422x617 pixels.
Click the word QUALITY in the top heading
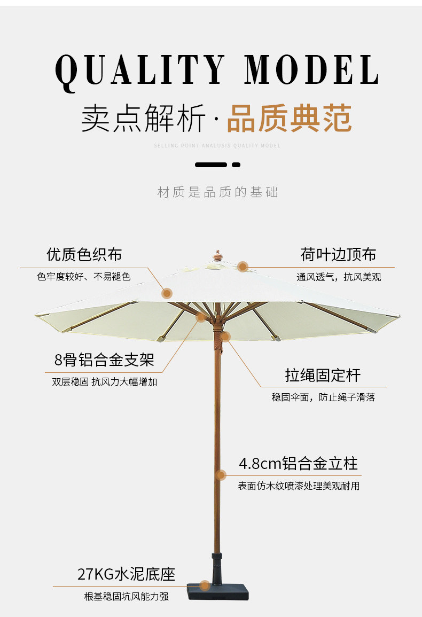coord(140,69)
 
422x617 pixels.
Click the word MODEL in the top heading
coord(311,69)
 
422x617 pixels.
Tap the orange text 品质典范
coord(289,118)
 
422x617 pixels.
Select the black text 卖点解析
coord(143,119)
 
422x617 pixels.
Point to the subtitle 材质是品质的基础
coord(217,192)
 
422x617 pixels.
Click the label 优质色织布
coord(84,254)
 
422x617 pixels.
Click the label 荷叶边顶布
coord(338,254)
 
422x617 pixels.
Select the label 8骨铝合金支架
coord(104,360)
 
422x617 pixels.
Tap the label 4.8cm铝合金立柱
coord(298,463)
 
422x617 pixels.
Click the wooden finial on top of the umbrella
coord(217,255)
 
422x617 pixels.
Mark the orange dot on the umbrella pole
coord(221,475)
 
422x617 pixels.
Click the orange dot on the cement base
coord(205,585)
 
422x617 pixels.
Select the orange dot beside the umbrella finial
coord(243,267)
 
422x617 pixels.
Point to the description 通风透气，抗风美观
coord(339,277)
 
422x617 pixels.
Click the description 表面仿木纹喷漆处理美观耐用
coord(299,486)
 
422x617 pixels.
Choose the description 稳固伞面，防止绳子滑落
coord(323,397)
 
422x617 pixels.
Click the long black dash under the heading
coord(211,165)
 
